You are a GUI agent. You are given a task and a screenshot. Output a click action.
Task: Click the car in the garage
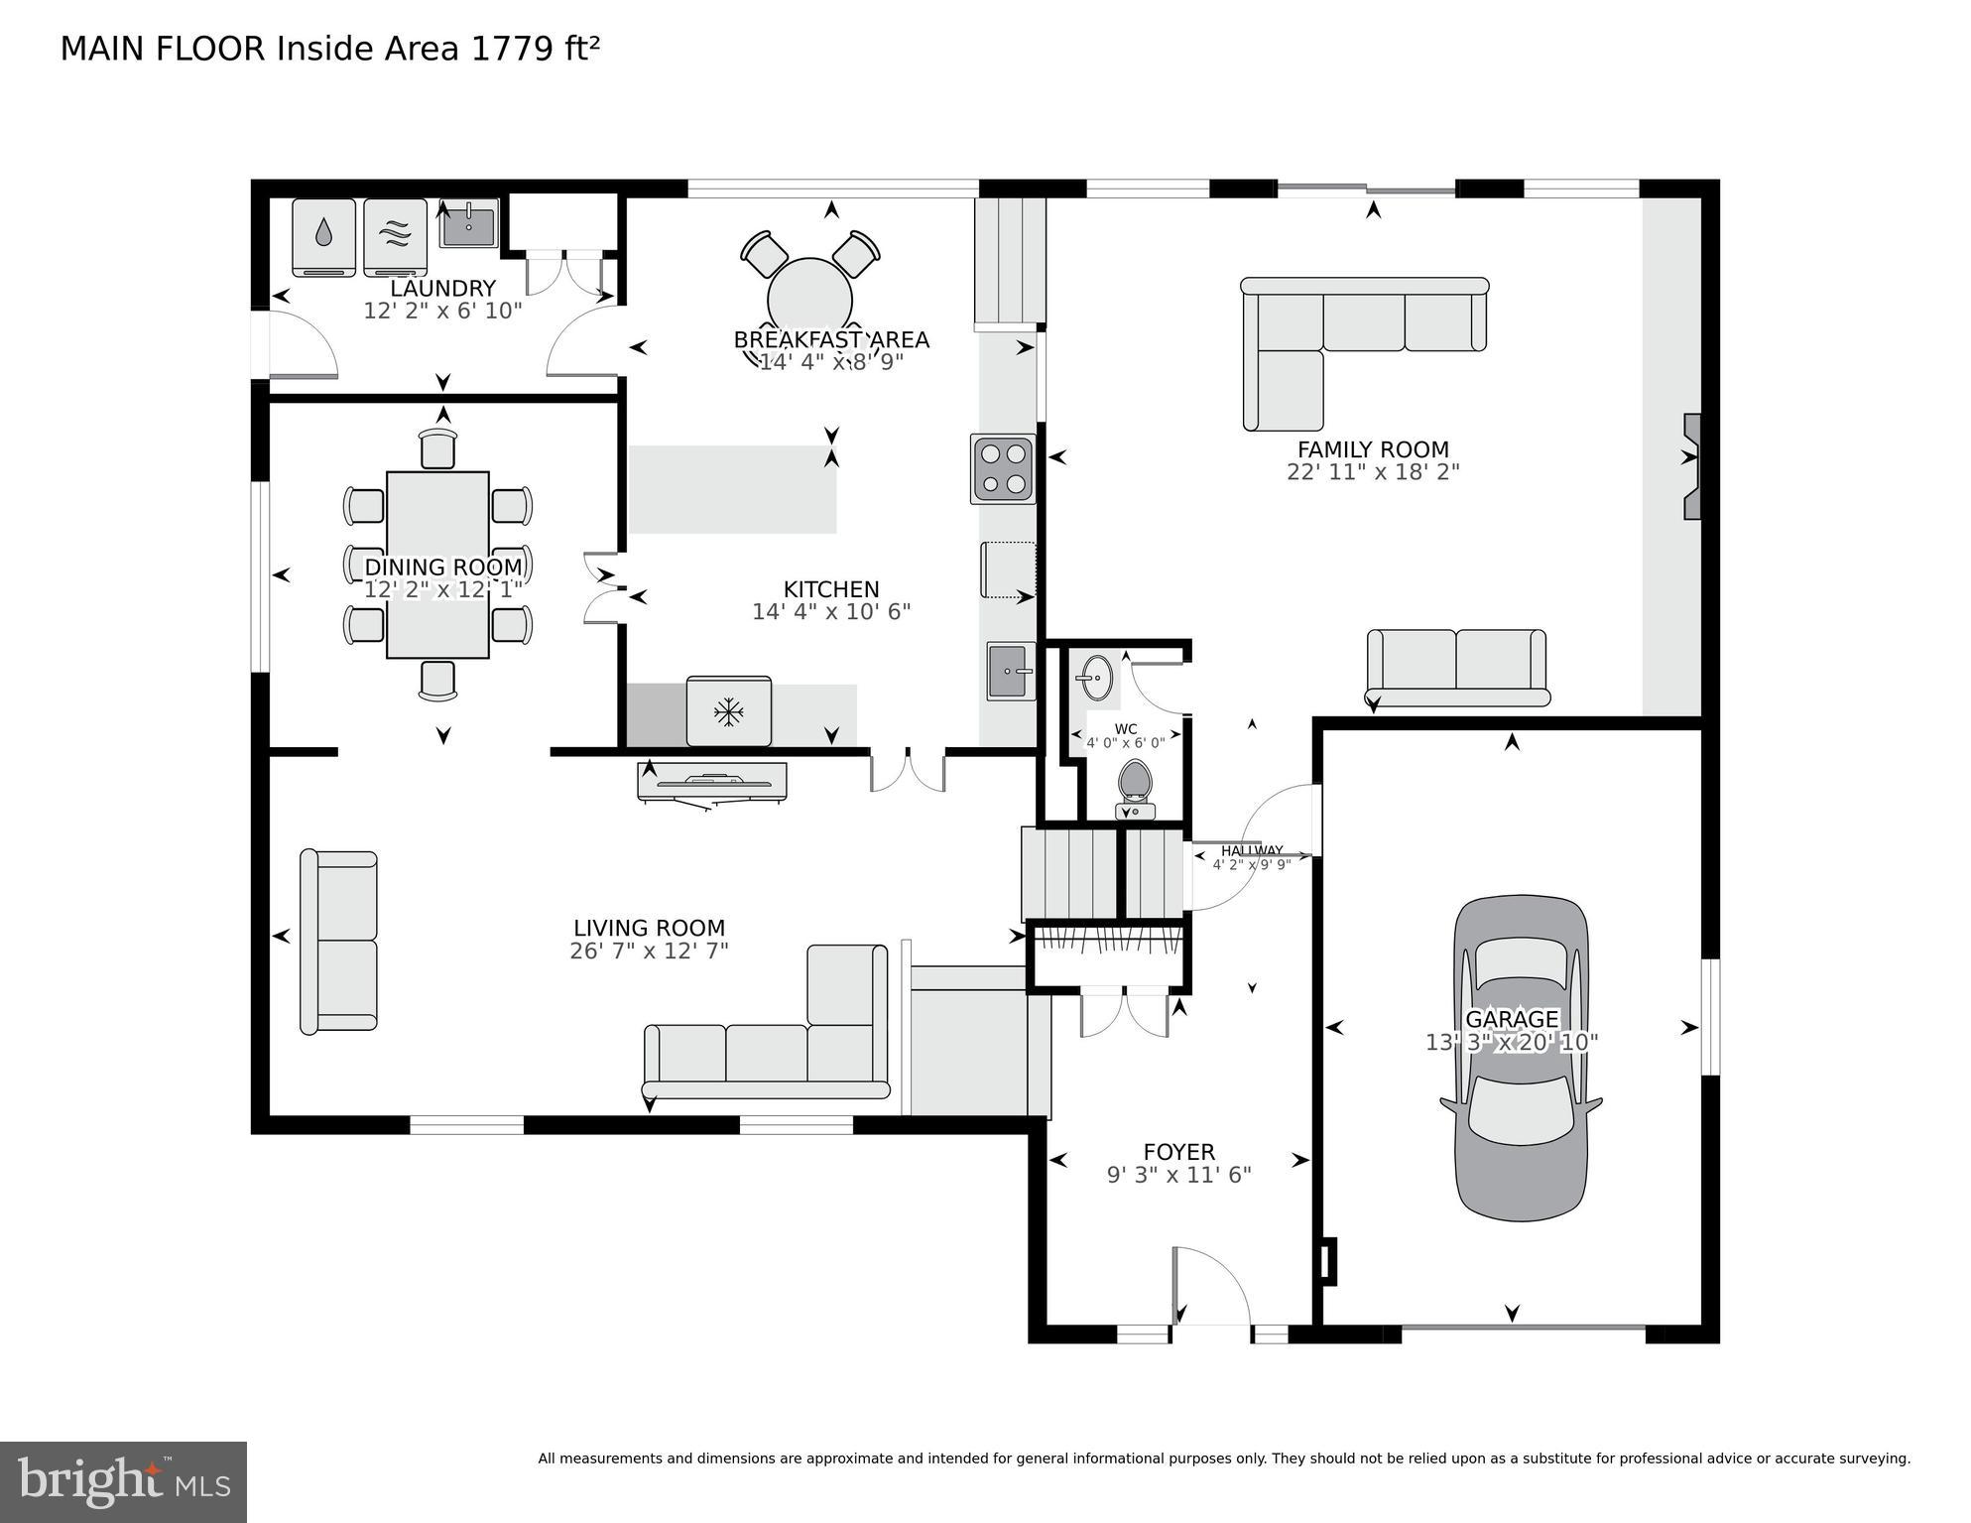[x=1521, y=1058]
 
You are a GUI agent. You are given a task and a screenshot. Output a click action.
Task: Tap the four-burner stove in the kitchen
[x=1003, y=468]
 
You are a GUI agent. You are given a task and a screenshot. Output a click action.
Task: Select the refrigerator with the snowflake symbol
[x=729, y=711]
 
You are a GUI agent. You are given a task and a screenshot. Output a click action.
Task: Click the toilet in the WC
[x=1135, y=789]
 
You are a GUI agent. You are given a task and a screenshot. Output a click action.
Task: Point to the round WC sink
[x=1096, y=679]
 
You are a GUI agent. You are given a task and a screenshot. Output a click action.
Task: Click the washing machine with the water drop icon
[x=323, y=236]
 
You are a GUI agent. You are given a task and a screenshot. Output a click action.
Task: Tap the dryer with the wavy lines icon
[x=395, y=236]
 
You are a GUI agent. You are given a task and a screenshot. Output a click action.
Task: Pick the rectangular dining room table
[x=437, y=564]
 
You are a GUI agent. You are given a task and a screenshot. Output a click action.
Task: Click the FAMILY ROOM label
[x=1373, y=449]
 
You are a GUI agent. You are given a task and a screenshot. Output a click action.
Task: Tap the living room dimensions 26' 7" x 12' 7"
[x=649, y=951]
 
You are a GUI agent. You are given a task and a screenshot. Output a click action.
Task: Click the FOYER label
[x=1178, y=1151]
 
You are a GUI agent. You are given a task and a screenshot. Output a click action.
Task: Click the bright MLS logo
[x=123, y=1481]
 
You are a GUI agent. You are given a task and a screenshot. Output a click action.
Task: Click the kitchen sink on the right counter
[x=1010, y=671]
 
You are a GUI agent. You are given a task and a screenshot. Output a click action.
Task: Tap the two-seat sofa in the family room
[x=1456, y=666]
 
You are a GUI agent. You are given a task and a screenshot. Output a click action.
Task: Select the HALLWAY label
[x=1252, y=850]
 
